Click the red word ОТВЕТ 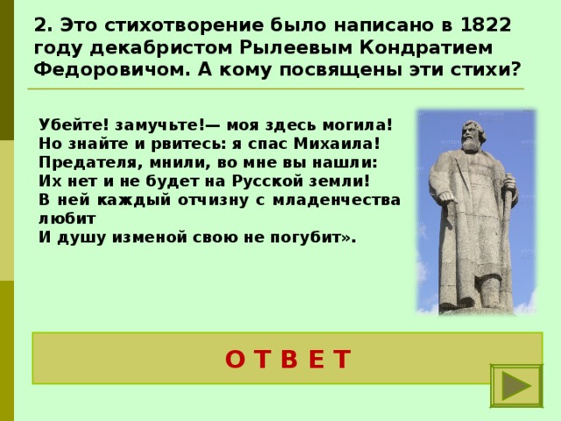[x=288, y=359]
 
